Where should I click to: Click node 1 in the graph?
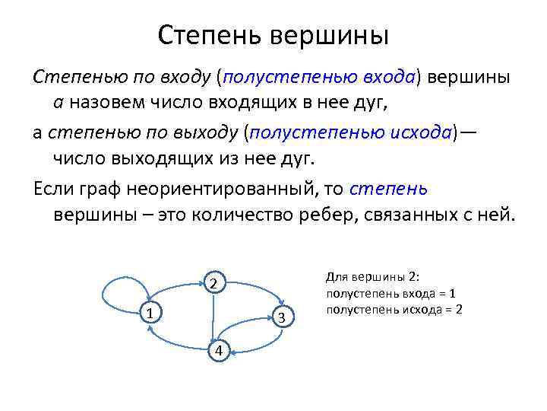(150, 313)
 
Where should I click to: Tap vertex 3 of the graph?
(282, 317)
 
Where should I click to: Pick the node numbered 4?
(219, 349)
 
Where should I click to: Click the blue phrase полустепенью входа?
(318, 78)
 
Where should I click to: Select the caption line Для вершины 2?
(378, 278)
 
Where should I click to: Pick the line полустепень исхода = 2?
(394, 309)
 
